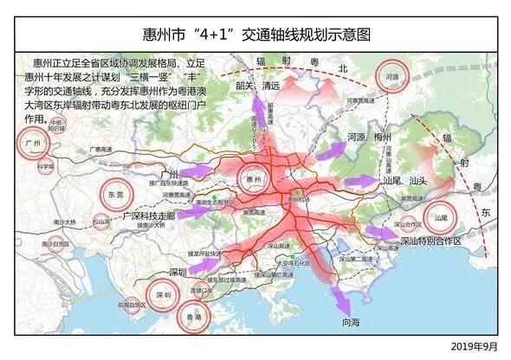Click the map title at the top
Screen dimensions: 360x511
point(256,35)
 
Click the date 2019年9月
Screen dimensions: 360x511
point(475,346)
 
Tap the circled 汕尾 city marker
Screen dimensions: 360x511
point(440,218)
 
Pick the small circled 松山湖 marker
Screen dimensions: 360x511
point(101,222)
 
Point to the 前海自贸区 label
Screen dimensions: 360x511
point(129,305)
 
